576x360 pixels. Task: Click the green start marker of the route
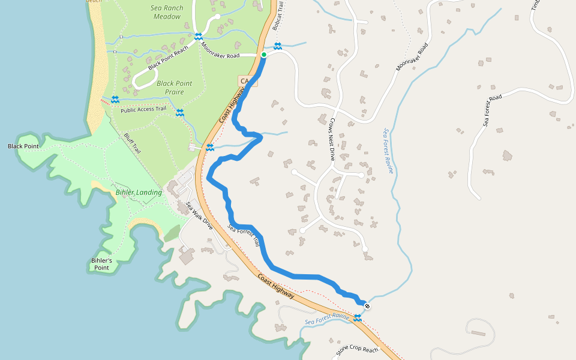[263, 55]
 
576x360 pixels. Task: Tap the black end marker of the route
[367, 307]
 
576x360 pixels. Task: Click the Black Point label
[23, 146]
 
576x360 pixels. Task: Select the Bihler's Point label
[102, 264]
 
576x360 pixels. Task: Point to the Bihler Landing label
[139, 193]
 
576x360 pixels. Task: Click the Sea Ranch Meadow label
[167, 13]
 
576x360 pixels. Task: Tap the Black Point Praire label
[175, 88]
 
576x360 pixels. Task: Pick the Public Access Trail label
[143, 109]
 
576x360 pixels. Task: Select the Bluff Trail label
[132, 143]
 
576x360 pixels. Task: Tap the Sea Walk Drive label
[199, 216]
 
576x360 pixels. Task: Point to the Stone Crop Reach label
[357, 349]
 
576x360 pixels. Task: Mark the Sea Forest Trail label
[244, 236]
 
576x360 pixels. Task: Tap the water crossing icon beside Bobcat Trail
[278, 46]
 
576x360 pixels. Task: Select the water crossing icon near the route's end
[358, 318]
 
